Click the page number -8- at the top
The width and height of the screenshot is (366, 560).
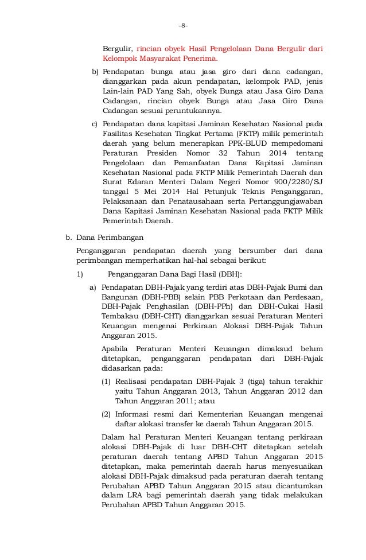click(183, 26)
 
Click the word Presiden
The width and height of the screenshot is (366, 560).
click(148, 154)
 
